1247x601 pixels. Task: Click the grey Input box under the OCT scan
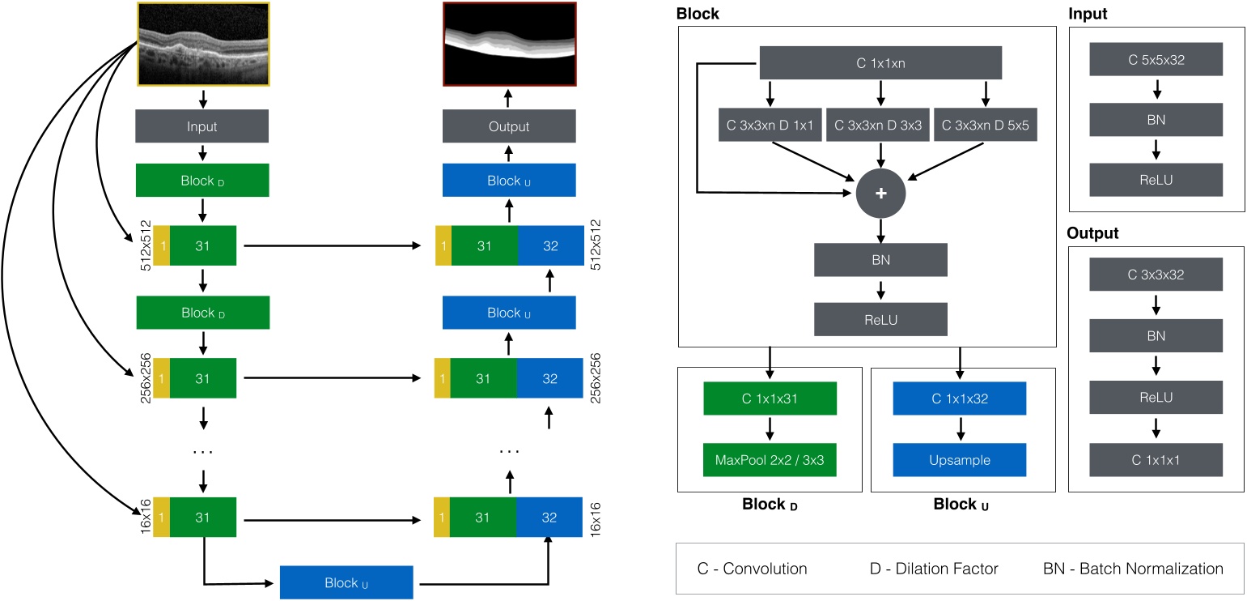pyautogui.click(x=202, y=126)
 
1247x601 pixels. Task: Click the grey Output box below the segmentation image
pyautogui.click(x=509, y=126)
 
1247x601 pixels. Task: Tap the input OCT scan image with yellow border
pyautogui.click(x=202, y=44)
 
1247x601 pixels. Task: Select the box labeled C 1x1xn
pyautogui.click(x=880, y=62)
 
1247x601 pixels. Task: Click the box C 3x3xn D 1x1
pyautogui.click(x=769, y=126)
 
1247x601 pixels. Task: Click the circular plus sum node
pyautogui.click(x=880, y=194)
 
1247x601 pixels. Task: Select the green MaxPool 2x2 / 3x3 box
pyautogui.click(x=770, y=460)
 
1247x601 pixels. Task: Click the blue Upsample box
pyautogui.click(x=959, y=460)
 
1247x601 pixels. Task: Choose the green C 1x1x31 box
pyautogui.click(x=770, y=399)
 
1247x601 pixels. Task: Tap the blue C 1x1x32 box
pyautogui.click(x=959, y=399)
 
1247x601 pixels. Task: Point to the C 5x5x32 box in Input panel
pyautogui.click(x=1156, y=60)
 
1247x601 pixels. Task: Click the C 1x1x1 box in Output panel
pyautogui.click(x=1156, y=459)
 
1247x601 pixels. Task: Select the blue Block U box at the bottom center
pyautogui.click(x=346, y=582)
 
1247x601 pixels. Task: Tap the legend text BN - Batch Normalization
pyautogui.click(x=1133, y=569)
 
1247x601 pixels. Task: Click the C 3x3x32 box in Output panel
pyautogui.click(x=1156, y=275)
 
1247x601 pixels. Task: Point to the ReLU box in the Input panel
pyautogui.click(x=1156, y=179)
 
